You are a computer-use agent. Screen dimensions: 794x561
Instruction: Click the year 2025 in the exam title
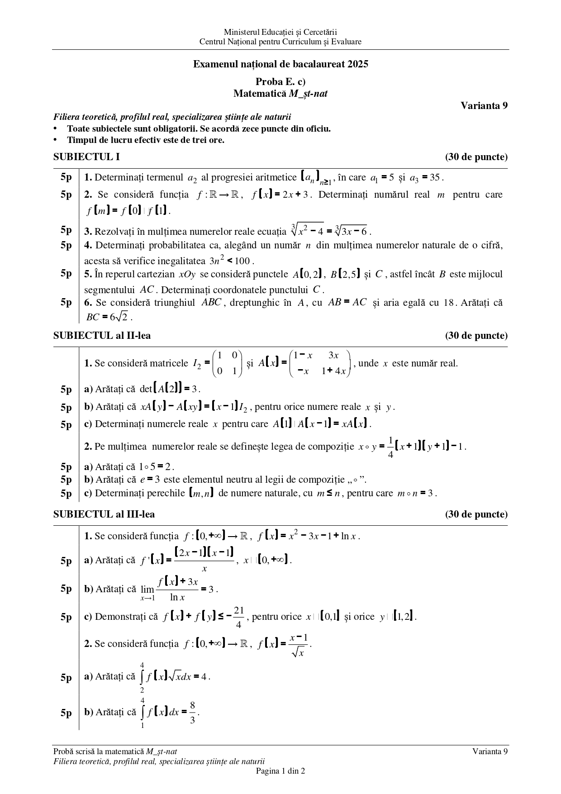(358, 64)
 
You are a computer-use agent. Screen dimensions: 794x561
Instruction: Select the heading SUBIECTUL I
(86, 157)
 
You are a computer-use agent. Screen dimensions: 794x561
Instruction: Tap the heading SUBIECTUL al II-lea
(102, 336)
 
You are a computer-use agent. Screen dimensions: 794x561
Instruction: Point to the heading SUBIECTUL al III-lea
(104, 514)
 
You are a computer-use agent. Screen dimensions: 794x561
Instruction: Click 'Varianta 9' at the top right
(484, 105)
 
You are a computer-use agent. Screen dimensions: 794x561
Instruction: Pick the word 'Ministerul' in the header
(240, 32)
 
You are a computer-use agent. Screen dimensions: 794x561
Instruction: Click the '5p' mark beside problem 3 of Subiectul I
(66, 230)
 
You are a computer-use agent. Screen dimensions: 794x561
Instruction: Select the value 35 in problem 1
(435, 177)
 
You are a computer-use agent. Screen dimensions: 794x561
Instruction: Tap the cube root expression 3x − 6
(352, 231)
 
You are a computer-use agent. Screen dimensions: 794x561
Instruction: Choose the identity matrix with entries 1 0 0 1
(227, 363)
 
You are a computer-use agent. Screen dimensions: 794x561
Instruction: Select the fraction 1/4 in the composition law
(390, 447)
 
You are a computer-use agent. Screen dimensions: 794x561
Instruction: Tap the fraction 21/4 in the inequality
(239, 617)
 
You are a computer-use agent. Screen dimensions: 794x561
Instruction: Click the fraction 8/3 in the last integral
(192, 713)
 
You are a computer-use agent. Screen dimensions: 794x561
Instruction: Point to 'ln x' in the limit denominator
(177, 597)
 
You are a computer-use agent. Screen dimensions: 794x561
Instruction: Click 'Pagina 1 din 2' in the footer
(280, 771)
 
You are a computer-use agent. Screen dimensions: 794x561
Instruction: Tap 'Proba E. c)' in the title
(280, 82)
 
